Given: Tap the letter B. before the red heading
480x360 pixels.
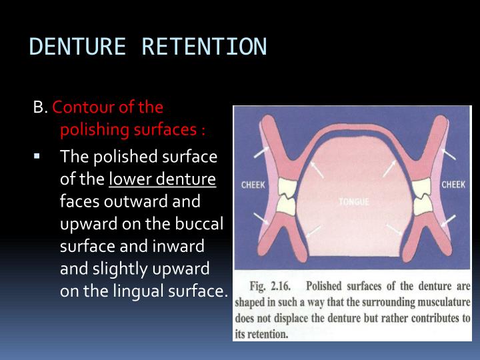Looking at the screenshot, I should pos(41,107).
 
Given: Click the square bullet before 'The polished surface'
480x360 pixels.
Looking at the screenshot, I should pos(37,158).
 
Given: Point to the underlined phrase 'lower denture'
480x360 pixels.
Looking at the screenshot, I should pos(162,179).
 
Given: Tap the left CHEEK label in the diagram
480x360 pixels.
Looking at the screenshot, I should pos(254,185).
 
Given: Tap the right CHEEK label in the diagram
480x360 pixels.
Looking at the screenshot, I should pos(453,185).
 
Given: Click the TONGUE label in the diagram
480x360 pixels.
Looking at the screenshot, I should pos(353,201).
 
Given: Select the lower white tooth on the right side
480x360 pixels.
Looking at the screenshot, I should pos(420,207).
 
